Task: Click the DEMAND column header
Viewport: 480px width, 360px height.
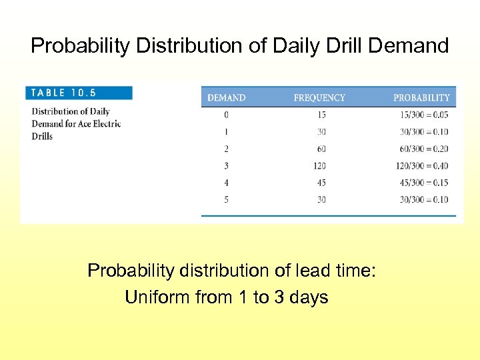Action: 226,98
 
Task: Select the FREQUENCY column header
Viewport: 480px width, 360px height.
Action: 319,98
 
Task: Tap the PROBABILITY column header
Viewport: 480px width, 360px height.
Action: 421,98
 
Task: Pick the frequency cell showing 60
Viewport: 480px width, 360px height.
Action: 321,149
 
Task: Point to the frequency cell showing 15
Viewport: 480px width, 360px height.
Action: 321,115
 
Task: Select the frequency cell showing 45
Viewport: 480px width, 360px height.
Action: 321,183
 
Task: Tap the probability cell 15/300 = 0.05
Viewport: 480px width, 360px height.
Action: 423,115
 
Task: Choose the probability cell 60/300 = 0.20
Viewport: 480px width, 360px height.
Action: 423,149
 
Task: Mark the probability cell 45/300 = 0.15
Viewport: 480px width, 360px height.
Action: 423,183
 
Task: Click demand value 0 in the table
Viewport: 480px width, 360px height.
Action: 226,115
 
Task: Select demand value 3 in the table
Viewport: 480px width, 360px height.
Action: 226,165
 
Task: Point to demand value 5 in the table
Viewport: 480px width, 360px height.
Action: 226,199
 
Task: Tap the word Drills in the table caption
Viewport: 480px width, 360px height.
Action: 42,137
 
